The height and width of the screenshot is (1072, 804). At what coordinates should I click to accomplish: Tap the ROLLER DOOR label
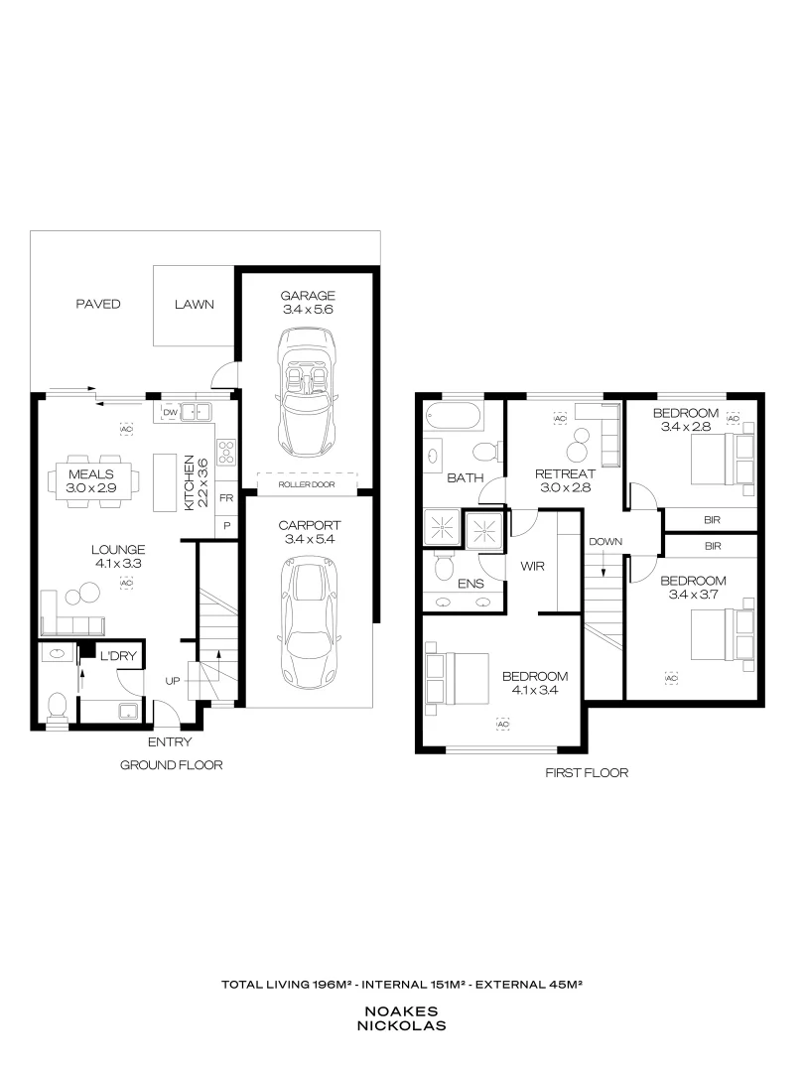point(307,484)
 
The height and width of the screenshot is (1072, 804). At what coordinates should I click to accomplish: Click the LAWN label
point(194,305)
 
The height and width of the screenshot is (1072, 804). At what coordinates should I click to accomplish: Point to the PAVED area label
point(98,305)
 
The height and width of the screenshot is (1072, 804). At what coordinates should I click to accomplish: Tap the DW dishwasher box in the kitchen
point(169,412)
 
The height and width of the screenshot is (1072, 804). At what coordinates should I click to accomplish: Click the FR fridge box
point(226,497)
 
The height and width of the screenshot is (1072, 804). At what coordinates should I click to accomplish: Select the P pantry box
point(226,525)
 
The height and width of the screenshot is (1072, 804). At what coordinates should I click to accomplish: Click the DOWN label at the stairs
point(603,542)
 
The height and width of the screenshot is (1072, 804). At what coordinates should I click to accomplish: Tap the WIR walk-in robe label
point(533,566)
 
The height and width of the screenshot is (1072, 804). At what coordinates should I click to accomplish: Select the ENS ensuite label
point(470,584)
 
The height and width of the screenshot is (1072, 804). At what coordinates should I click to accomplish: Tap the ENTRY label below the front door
point(170,741)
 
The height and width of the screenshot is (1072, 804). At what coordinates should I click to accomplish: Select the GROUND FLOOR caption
point(171,765)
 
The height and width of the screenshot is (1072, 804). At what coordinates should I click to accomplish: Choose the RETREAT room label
point(564,473)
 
